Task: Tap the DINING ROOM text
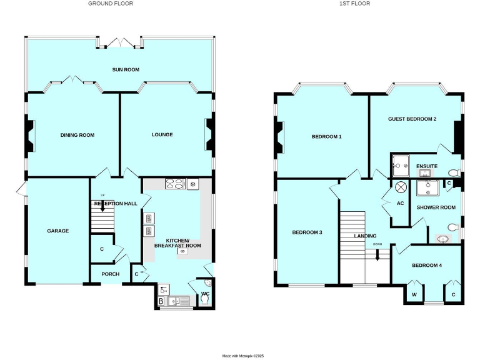[x=77, y=135]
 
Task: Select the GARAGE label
[x=57, y=231]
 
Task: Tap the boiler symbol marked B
[x=161, y=301]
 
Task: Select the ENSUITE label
[x=427, y=166]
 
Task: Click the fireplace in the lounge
[x=209, y=135]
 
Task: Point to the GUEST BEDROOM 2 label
[x=412, y=119]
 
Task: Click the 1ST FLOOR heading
[x=355, y=4]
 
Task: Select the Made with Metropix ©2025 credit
[x=244, y=356]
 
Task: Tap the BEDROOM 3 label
[x=307, y=232]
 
